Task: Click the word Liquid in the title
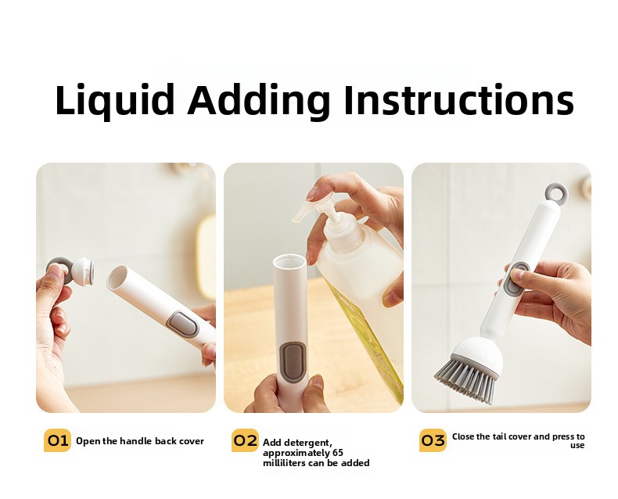115,101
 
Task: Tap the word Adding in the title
259,101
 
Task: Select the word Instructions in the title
458,99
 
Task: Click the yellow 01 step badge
58,440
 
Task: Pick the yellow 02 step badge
245,440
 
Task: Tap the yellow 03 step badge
433,440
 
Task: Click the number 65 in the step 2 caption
338,453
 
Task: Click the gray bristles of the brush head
466,379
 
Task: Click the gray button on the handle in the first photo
182,324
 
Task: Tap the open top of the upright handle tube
289,261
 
